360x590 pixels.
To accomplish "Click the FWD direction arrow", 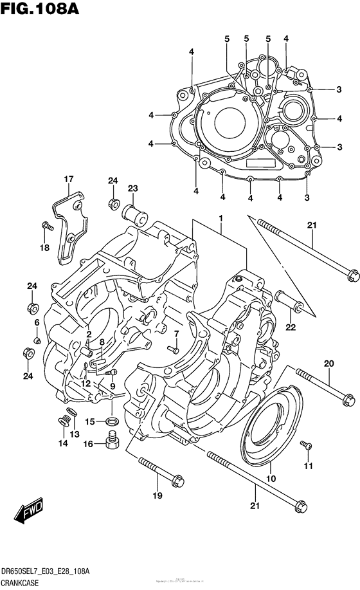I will [30, 512].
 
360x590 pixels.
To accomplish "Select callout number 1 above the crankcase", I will [221, 219].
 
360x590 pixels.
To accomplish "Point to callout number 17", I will [68, 179].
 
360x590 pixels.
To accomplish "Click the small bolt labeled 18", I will [46, 225].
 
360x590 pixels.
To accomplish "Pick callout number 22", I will [291, 327].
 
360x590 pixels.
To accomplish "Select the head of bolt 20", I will [350, 399].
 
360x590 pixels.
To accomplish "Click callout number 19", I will [157, 495].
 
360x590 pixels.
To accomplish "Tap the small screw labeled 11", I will [307, 446].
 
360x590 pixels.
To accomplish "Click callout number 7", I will [175, 333].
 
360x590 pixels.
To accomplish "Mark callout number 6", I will [37, 322].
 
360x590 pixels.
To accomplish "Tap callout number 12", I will [85, 383].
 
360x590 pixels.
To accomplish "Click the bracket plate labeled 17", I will [68, 232].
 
